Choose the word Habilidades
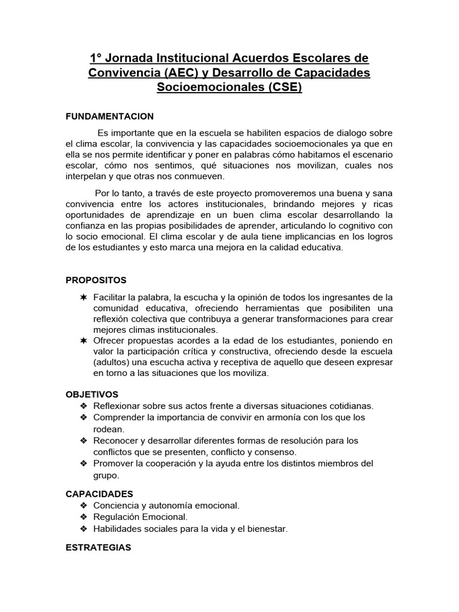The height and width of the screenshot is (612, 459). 116,529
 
